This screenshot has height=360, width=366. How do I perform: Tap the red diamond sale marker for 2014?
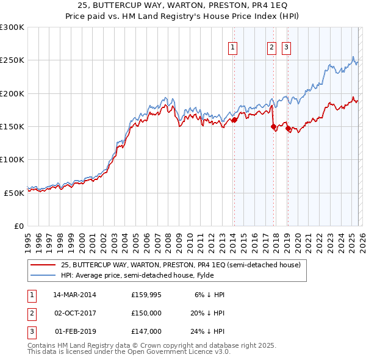coord(234,120)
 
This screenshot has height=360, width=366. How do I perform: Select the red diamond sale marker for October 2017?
coord(273,127)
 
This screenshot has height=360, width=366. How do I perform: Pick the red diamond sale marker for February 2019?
coord(287,128)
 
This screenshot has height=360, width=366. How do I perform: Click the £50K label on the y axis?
coord(14,192)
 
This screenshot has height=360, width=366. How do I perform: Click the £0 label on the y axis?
coord(18,225)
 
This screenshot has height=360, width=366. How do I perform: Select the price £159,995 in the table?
coord(146,294)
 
